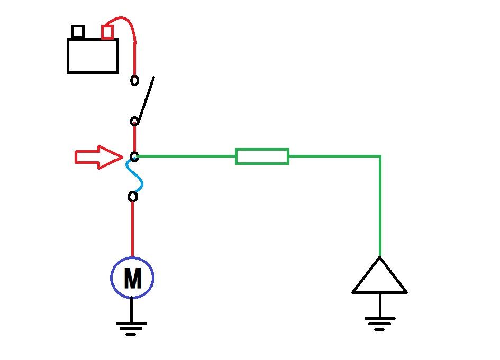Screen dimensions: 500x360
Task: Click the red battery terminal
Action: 107,32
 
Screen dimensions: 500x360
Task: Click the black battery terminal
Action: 78,32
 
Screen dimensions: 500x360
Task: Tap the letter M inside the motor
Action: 132,278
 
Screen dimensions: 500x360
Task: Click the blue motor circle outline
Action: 111,278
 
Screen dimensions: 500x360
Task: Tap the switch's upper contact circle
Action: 134,80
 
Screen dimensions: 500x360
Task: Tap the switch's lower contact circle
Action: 134,122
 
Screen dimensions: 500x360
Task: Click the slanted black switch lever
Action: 147,99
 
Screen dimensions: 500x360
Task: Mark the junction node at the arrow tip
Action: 134,157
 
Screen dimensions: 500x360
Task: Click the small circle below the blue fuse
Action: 133,197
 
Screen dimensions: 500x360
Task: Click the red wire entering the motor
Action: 132,229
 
